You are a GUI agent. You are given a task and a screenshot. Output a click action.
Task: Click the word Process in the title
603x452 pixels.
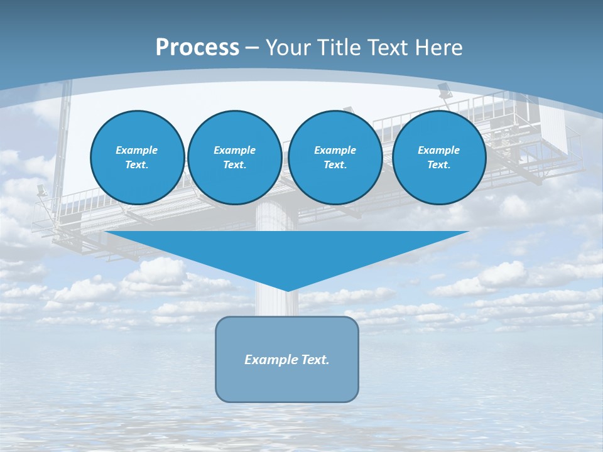pyautogui.click(x=197, y=48)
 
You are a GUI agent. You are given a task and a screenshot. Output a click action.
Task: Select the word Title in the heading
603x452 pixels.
pyautogui.click(x=341, y=48)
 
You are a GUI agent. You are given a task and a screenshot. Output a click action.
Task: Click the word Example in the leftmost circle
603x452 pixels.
pyautogui.click(x=136, y=150)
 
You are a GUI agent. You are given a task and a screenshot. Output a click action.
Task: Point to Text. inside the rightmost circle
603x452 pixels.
pyautogui.click(x=438, y=165)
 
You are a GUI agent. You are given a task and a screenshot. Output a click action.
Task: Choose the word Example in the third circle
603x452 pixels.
pyautogui.click(x=335, y=150)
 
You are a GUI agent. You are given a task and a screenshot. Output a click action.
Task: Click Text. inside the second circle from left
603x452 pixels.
pyautogui.click(x=234, y=165)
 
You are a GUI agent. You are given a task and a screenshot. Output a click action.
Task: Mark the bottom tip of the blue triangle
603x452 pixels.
pyautogui.click(x=287, y=289)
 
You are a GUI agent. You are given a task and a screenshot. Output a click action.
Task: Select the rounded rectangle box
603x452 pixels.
pyautogui.click(x=287, y=383)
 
